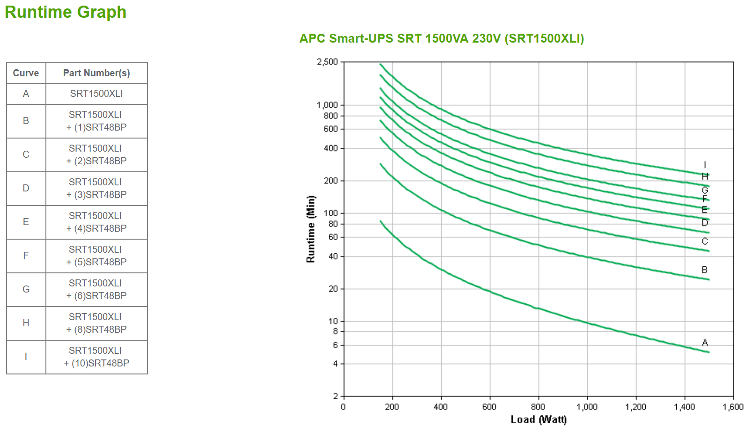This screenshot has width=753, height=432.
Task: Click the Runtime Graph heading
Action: [66, 12]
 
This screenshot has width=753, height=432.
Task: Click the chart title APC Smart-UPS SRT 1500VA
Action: [441, 38]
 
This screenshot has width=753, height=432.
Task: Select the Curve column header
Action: [26, 73]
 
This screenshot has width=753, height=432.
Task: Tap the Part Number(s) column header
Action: [96, 73]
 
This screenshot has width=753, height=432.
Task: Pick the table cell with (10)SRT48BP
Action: [96, 357]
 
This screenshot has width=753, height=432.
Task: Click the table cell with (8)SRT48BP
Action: [96, 323]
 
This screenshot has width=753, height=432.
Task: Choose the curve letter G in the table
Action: [26, 290]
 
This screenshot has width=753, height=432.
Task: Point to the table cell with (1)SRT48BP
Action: [96, 121]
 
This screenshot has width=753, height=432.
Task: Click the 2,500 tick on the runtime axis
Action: [327, 62]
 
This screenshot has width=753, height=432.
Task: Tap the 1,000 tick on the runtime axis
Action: [327, 105]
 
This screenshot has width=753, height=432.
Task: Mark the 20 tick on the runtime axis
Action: [333, 289]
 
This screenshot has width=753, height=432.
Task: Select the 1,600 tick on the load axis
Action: [733, 407]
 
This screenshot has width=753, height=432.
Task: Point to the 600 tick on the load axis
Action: [489, 407]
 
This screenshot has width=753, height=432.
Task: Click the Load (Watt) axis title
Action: [539, 419]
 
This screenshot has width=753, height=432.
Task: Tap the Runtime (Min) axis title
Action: [310, 229]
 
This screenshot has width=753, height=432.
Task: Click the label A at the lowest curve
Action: [705, 343]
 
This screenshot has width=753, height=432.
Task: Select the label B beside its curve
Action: [704, 270]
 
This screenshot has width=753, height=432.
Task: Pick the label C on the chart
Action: [705, 242]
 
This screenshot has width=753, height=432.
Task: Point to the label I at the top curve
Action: [705, 165]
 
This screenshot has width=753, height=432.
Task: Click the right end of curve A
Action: [709, 352]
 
